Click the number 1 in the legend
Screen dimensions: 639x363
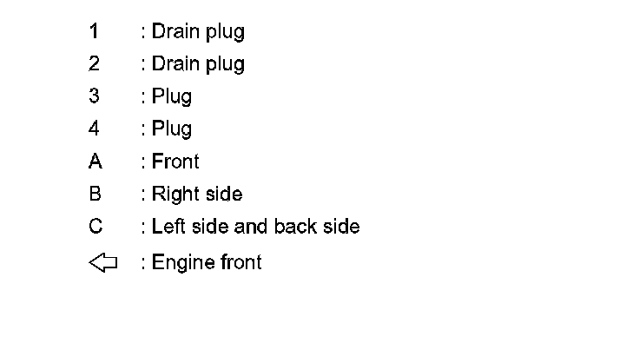tap(94, 32)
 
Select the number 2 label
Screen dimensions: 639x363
tap(94, 64)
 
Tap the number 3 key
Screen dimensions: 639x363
tap(94, 96)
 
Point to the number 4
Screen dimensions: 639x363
tap(94, 129)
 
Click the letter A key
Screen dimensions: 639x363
tap(95, 162)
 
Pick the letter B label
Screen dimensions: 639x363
tap(95, 195)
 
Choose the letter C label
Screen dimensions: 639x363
tap(95, 227)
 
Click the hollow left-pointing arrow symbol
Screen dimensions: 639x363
tap(102, 262)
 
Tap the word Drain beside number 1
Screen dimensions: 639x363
tap(175, 32)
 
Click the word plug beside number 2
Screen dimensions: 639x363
tap(225, 65)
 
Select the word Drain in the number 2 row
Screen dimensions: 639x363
tap(175, 64)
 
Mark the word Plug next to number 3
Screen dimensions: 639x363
tap(172, 97)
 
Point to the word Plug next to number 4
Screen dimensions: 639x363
tap(172, 130)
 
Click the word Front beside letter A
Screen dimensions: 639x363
tap(175, 162)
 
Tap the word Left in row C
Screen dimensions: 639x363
tap(168, 227)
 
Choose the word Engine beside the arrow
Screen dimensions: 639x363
tap(181, 263)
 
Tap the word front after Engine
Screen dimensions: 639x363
tap(239, 262)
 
